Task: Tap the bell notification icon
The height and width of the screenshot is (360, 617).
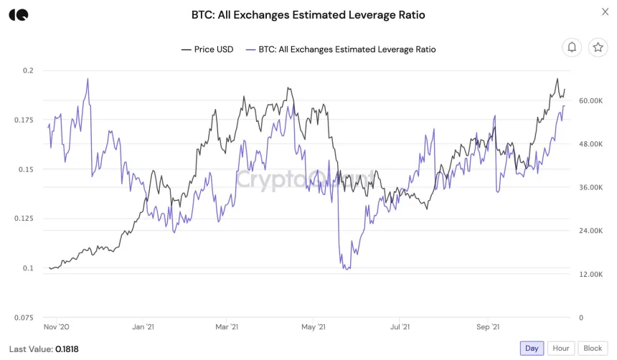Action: point(572,47)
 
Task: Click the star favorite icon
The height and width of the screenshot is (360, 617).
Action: point(597,47)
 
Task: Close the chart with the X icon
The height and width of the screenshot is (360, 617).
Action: point(605,11)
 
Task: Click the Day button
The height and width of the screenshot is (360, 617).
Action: point(532,348)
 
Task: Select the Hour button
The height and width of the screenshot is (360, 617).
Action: point(560,348)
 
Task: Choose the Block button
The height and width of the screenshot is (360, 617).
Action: point(593,348)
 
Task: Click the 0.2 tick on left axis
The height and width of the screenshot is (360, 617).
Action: point(28,70)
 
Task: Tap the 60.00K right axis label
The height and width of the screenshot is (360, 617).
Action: point(591,101)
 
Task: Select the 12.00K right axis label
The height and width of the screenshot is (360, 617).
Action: point(591,274)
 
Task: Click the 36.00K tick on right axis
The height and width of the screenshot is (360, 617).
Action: point(591,188)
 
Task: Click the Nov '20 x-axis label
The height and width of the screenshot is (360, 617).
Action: point(57,327)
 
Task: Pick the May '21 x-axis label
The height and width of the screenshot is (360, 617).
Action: point(314,327)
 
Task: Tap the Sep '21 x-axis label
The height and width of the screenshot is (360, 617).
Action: point(488,327)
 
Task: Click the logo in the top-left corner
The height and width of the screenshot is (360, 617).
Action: point(18,15)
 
